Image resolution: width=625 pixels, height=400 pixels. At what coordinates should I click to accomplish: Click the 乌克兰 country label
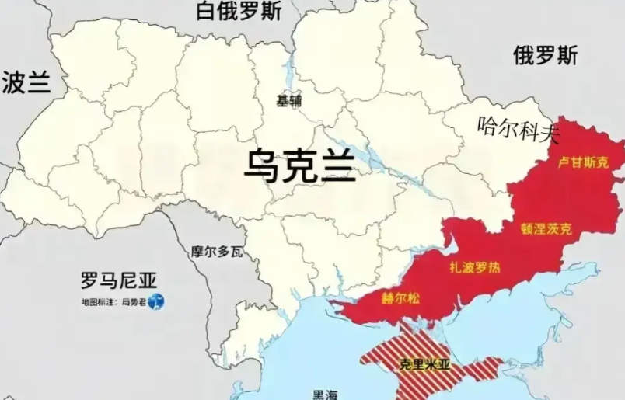[x=299, y=166]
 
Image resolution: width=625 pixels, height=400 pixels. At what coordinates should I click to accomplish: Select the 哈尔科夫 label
[x=518, y=127]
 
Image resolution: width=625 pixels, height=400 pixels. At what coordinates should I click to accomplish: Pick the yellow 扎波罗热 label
[x=475, y=268]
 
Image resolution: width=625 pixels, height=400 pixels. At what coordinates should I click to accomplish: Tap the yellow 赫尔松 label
[x=398, y=300]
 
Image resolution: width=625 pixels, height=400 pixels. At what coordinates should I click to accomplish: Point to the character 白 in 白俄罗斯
[x=206, y=12]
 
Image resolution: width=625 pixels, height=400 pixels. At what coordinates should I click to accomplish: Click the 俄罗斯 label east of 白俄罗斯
[x=545, y=56]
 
